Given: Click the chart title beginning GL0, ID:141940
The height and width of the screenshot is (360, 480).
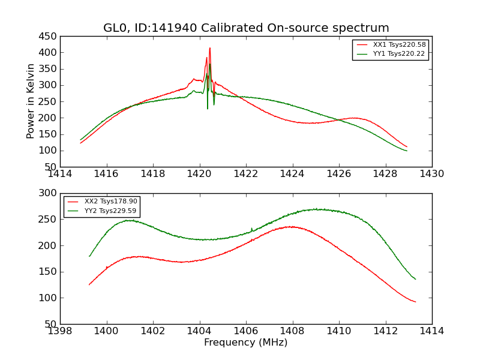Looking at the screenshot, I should pyautogui.click(x=246, y=28).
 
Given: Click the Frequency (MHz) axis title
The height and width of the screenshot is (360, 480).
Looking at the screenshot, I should pyautogui.click(x=246, y=343).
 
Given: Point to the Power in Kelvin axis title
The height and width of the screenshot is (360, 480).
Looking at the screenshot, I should pyautogui.click(x=31, y=101).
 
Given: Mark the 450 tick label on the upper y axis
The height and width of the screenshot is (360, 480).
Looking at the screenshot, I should pyautogui.click(x=47, y=37).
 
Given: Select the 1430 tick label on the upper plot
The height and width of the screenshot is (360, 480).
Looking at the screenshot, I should pyautogui.click(x=431, y=174).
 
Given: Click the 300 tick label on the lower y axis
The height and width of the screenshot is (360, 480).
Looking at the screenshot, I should pyautogui.click(x=47, y=194).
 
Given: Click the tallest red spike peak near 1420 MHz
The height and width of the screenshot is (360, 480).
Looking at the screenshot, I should pyautogui.click(x=210, y=48).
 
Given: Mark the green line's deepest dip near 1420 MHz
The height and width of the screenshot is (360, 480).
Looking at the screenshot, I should pyautogui.click(x=208, y=109).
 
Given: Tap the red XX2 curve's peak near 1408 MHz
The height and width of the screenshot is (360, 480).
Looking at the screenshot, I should pyautogui.click(x=292, y=226).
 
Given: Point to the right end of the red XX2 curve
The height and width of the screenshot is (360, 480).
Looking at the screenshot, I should pyautogui.click(x=415, y=302).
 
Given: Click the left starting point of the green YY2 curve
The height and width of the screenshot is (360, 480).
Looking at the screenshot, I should pyautogui.click(x=89, y=256).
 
